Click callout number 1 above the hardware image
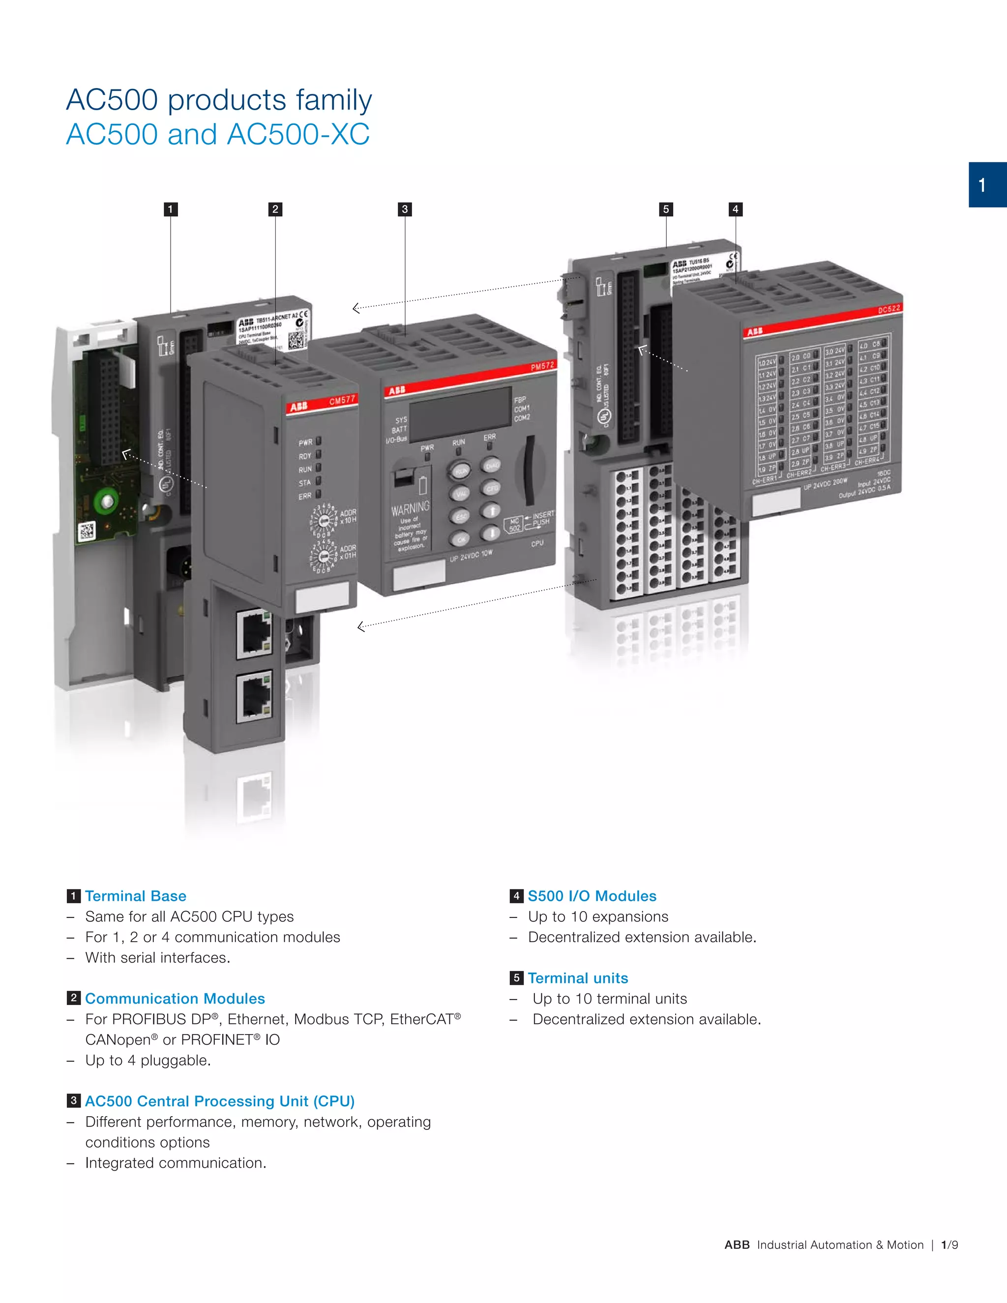(171, 209)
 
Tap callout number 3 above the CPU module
(405, 209)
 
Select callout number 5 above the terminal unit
(666, 209)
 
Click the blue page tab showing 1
(987, 185)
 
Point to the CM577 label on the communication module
(342, 401)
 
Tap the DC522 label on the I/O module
(889, 309)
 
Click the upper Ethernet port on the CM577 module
(255, 634)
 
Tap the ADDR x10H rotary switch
(324, 520)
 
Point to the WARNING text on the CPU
(410, 508)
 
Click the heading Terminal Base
(135, 896)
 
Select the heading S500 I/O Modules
(592, 896)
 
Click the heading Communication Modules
(175, 999)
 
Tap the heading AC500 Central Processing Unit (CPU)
(219, 1101)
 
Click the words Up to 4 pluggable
(148, 1060)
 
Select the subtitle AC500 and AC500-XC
(218, 134)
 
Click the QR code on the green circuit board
(87, 531)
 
